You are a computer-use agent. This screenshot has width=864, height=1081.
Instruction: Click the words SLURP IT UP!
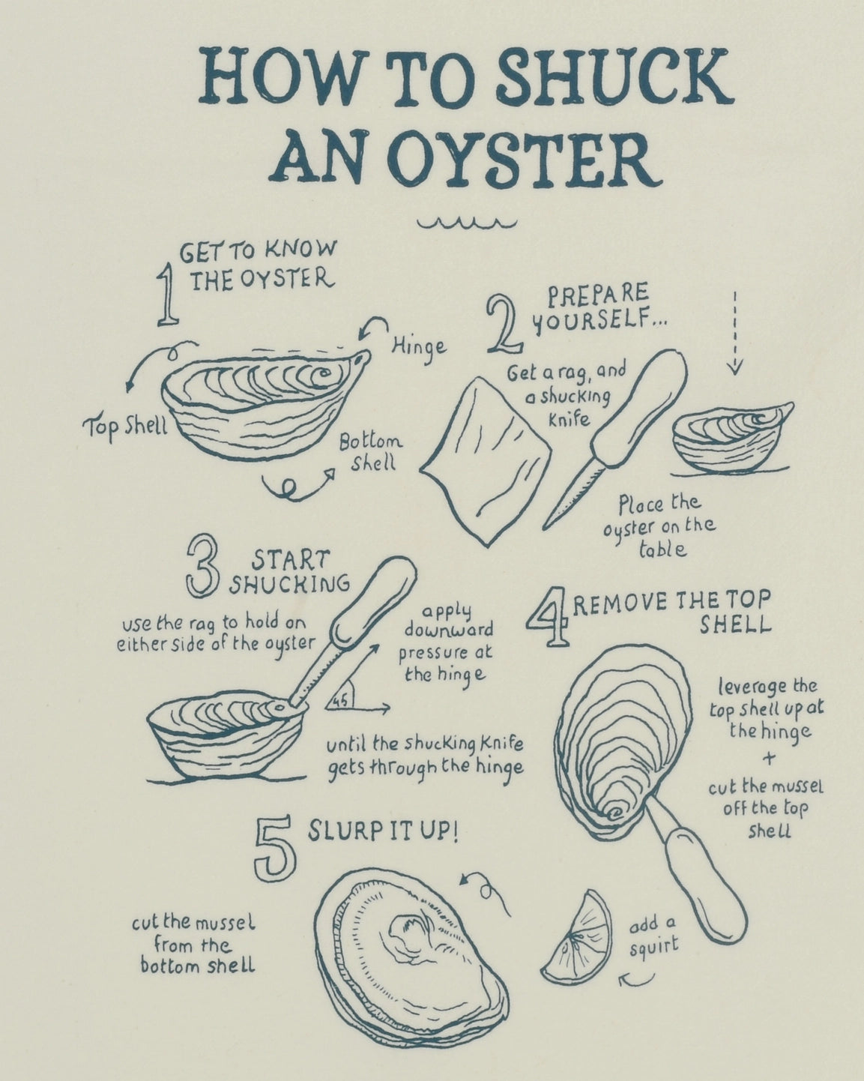[x=383, y=832]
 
